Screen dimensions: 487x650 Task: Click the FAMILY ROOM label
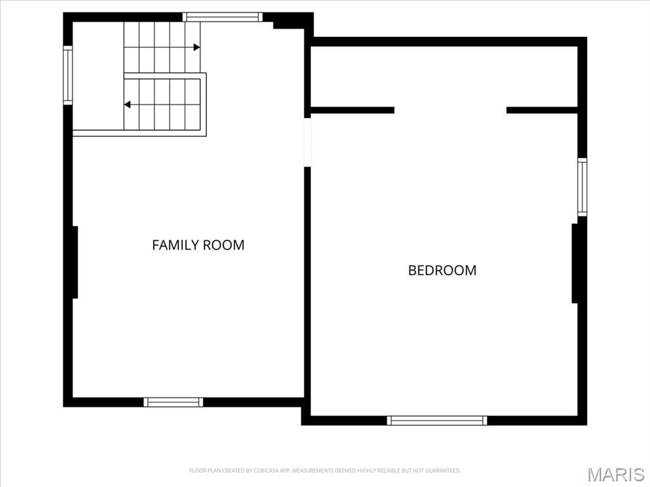coord(198,245)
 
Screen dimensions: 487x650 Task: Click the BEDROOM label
coord(442,270)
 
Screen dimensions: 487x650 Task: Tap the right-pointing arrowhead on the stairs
coord(197,47)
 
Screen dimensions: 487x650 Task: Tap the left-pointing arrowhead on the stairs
coord(128,104)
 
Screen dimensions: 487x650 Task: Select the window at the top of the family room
coord(222,17)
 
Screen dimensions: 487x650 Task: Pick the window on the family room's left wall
coord(68,74)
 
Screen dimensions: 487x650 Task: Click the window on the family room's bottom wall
coord(173,402)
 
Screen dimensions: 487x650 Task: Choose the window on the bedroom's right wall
coord(581,187)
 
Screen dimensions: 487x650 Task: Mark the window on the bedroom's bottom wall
coord(437,420)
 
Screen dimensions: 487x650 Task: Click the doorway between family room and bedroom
coord(307,142)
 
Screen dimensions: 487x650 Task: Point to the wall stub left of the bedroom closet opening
coord(352,110)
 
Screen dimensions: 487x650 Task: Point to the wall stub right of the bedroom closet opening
coord(541,110)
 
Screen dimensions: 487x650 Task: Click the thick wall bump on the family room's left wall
coord(74,262)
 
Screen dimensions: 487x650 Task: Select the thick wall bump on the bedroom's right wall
coord(575,263)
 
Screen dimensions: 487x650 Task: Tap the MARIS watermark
coord(616,474)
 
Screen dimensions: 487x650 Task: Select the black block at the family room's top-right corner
coord(293,22)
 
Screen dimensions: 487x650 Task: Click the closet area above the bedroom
coord(444,76)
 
